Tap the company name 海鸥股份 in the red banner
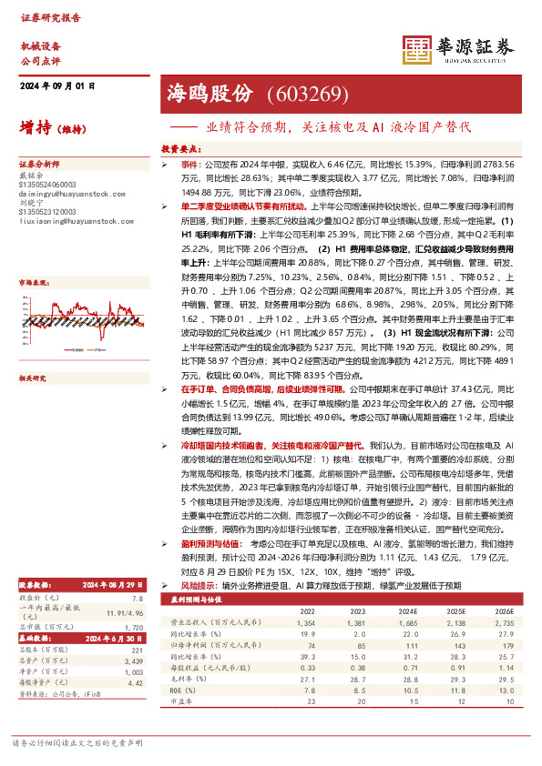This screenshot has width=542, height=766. pos(208,94)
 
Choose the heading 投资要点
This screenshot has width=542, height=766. pos(180,146)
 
